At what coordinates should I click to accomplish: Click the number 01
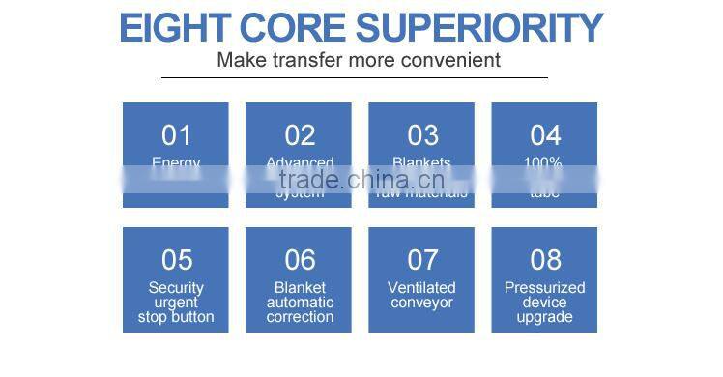176,135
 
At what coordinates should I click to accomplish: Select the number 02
300,135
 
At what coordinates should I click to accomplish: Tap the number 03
422,135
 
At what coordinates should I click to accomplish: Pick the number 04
545,135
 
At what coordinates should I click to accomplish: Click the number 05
176,260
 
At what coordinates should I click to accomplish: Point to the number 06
300,260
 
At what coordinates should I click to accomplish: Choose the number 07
422,260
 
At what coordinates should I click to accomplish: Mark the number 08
545,260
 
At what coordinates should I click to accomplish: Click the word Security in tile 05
176,287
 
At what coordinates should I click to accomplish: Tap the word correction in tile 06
300,317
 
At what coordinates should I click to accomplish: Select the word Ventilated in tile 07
422,287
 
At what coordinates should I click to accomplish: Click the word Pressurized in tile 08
545,287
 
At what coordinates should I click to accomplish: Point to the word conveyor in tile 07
422,303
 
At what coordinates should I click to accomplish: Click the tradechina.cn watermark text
361,180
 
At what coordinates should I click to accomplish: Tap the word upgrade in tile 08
545,317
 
